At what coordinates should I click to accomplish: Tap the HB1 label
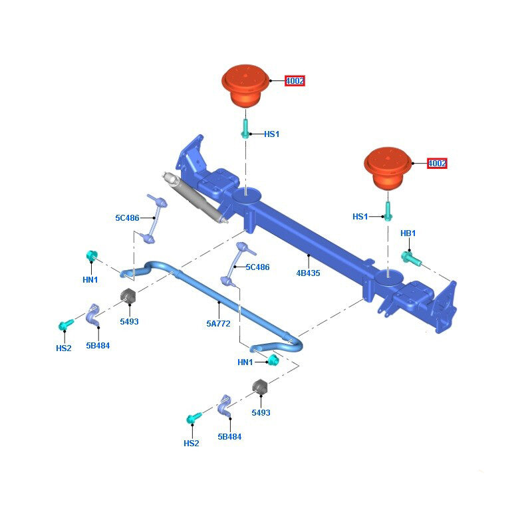tap(408, 233)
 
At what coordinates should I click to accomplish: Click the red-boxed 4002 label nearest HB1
tap(437, 163)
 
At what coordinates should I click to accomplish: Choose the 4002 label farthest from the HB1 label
tap(295, 81)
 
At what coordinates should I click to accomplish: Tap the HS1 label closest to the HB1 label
tap(360, 217)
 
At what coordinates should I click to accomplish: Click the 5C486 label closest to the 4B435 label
tap(257, 267)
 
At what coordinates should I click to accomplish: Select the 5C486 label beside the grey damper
tap(127, 217)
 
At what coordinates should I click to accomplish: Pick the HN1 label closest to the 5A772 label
tap(245, 362)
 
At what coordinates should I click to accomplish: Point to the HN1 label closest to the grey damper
tap(90, 280)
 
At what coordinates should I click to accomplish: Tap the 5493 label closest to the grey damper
tap(129, 321)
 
